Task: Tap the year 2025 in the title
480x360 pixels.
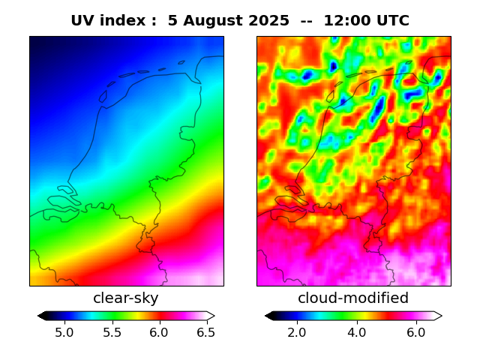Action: tap(269, 21)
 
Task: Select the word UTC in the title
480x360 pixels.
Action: tap(393, 21)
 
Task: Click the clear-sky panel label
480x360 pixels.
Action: tap(126, 298)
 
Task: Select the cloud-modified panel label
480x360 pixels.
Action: tap(353, 298)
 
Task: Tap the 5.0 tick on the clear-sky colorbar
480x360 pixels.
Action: tap(64, 331)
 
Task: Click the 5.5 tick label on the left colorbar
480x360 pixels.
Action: tap(112, 331)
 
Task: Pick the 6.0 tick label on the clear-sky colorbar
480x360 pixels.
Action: tap(159, 331)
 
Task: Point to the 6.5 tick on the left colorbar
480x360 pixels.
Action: tap(205, 331)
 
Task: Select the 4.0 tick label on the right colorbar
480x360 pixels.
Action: tap(356, 331)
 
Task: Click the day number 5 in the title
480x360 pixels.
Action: tap(172, 21)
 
